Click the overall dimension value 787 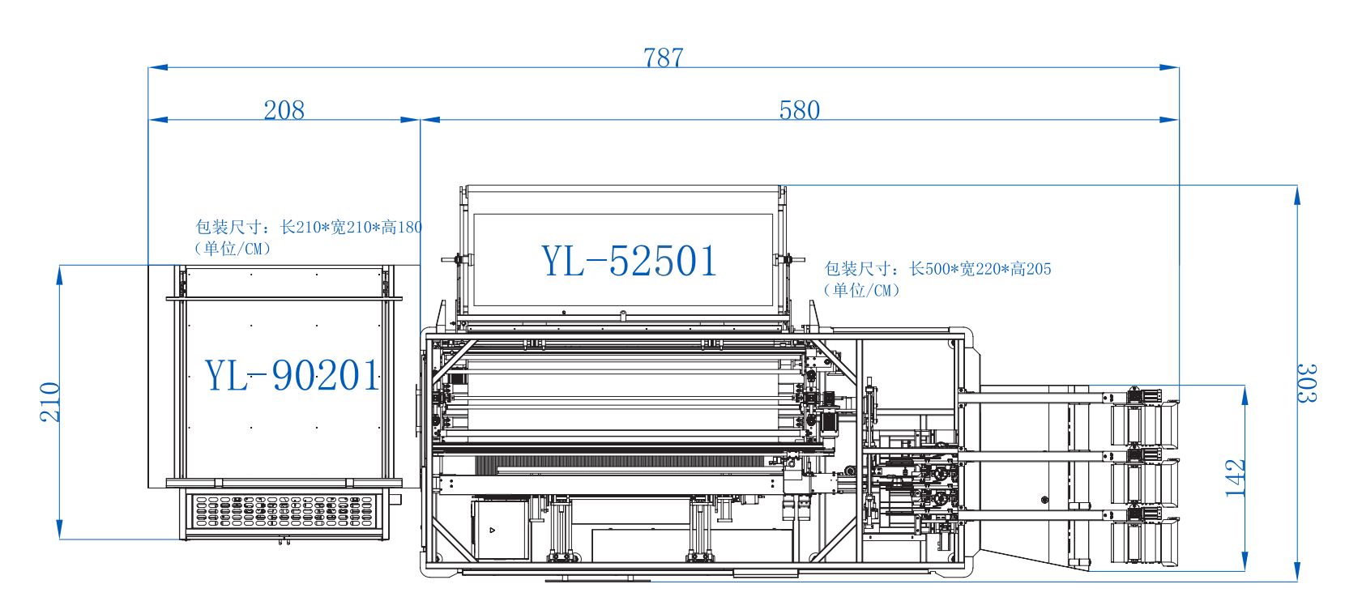coord(663,58)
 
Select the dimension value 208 coord(284,110)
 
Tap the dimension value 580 coord(799,110)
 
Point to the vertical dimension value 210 coord(50,402)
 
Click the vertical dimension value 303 coord(1306,383)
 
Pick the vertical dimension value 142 coord(1235,478)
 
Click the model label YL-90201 coord(292,376)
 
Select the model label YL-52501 coord(629,262)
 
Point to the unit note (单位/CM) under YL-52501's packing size coord(861,290)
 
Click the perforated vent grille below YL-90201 coord(284,512)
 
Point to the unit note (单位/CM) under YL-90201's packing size coord(233,249)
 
